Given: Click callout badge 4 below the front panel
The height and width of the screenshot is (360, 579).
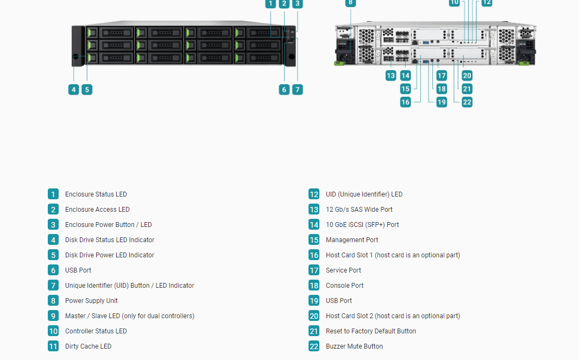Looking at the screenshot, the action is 73,90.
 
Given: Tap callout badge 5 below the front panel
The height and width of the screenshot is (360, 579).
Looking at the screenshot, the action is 87,90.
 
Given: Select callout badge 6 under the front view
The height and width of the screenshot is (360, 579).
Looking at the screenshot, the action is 284,90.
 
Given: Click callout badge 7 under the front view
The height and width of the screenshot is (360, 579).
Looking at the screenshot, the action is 298,90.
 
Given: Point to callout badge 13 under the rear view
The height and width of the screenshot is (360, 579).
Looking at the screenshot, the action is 391,75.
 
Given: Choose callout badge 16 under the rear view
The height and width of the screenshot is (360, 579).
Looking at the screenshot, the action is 405,102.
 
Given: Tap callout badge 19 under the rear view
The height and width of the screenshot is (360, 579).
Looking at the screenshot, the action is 442,102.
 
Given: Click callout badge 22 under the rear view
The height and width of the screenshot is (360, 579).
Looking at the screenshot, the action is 467,102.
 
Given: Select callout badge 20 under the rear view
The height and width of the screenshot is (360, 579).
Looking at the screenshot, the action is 467,75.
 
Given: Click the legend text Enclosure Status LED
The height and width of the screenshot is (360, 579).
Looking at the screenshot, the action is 96,194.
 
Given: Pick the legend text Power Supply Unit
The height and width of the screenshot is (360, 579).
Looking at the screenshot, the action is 91,301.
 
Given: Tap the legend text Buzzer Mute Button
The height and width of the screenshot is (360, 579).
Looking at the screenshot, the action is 354,346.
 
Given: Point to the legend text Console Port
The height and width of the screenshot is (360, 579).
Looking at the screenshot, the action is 344,286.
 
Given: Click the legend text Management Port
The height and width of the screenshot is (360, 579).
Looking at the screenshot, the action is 352,240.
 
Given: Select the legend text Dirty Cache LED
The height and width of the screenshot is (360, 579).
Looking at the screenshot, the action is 88,346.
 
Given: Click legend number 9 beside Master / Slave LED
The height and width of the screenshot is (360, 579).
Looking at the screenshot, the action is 53,315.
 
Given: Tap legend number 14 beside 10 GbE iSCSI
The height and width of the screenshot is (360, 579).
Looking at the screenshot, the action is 314,224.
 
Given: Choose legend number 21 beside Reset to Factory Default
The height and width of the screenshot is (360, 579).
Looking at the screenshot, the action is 314,331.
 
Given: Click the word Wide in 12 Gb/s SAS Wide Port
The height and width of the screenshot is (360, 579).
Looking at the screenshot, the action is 371,210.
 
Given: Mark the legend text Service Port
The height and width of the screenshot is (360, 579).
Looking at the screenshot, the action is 343,270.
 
